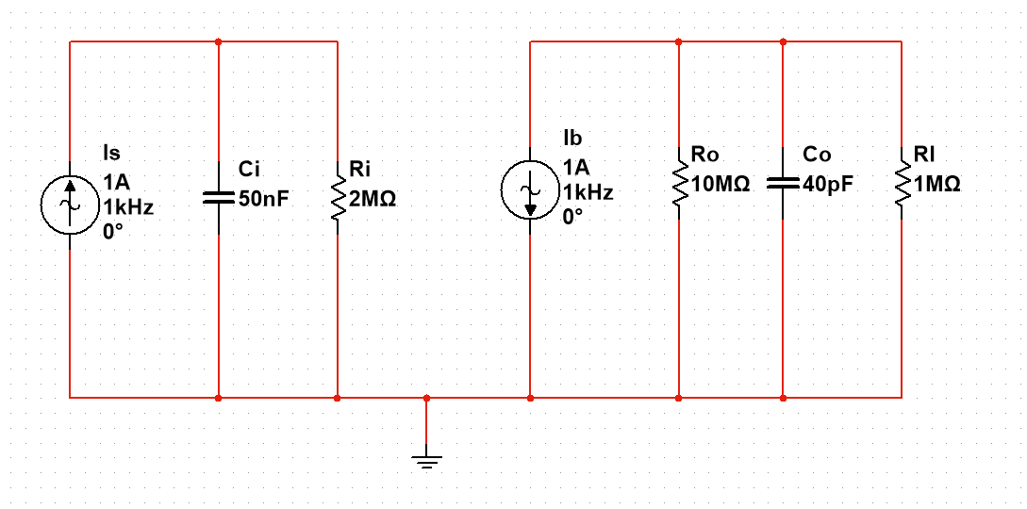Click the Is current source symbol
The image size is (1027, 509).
[x=70, y=203]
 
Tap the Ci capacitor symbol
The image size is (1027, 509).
[x=218, y=198]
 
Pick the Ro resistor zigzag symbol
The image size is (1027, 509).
[x=679, y=183]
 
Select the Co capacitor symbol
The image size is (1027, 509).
[x=783, y=183]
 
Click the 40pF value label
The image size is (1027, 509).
[x=828, y=184]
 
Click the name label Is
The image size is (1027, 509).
[x=110, y=153]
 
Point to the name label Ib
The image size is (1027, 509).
[x=571, y=139]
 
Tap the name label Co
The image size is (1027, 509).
[x=817, y=154]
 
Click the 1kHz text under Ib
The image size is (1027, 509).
[x=588, y=192]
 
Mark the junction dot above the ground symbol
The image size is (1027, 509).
[x=426, y=398]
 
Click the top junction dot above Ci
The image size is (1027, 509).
[x=218, y=41]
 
